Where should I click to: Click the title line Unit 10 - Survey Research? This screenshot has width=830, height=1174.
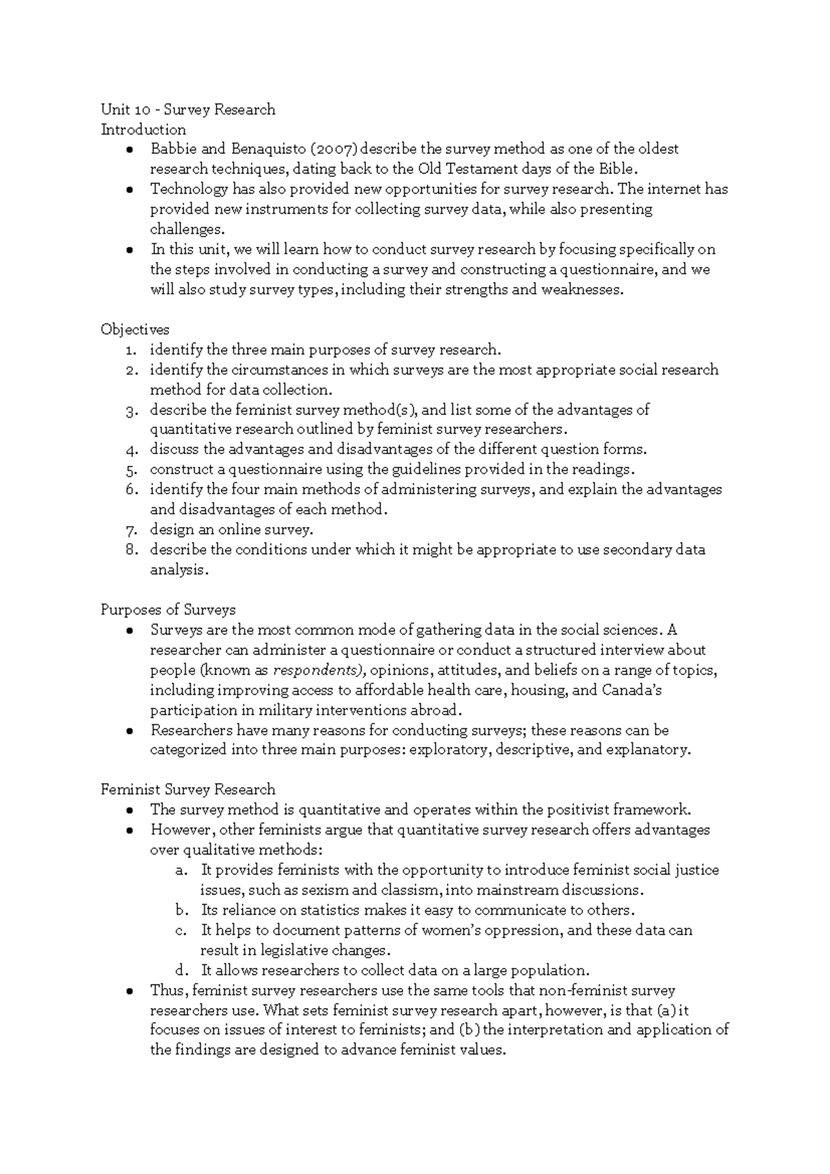pos(187,109)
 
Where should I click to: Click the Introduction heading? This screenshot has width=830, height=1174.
pos(143,129)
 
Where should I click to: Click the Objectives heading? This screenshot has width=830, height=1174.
pos(135,330)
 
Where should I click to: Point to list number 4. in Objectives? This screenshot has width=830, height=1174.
pos(133,450)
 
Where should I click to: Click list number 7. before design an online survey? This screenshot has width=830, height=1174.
pos(133,530)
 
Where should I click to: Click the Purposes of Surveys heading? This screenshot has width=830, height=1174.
pos(168,610)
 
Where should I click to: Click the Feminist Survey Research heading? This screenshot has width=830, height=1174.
pos(187,790)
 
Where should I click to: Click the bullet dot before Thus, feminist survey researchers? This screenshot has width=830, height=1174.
pos(130,991)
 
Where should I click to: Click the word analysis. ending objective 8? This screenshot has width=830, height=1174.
pos(178,570)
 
